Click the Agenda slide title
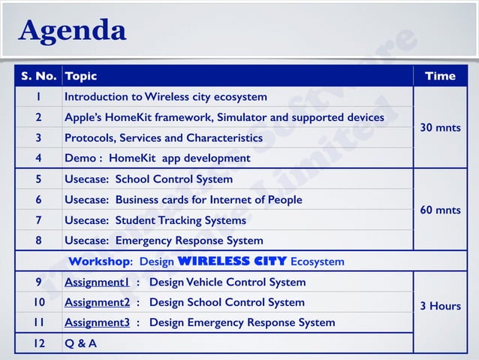click(73, 31)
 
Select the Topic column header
click(81, 76)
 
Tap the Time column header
click(440, 76)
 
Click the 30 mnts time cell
click(440, 128)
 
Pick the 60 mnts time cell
click(440, 210)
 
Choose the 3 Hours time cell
click(440, 306)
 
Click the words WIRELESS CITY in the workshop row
click(232, 262)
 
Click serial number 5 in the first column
click(38, 179)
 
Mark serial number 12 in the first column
click(38, 343)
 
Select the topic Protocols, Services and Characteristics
click(164, 138)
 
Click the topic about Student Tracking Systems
click(155, 220)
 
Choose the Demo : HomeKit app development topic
click(158, 159)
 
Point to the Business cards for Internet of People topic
click(183, 200)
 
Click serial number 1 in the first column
click(38, 97)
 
